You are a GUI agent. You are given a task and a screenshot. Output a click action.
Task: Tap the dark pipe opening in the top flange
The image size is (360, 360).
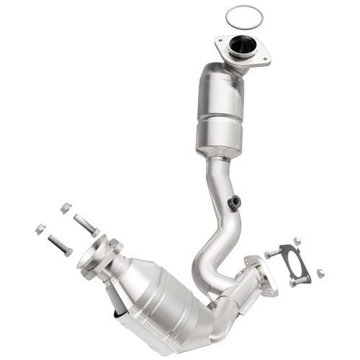[x=243, y=46]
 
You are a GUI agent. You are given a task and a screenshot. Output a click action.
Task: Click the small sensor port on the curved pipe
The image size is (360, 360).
[x=233, y=203]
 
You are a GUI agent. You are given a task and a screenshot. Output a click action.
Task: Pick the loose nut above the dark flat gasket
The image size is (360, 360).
[x=297, y=241]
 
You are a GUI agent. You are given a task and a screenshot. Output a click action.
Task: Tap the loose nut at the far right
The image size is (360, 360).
[x=320, y=273]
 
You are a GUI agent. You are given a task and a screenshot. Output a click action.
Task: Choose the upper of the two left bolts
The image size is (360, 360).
[x=86, y=225]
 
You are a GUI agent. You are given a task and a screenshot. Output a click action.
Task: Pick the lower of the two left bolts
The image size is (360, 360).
[x=60, y=246]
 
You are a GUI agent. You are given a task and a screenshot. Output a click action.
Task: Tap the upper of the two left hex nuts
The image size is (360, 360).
[x=66, y=207]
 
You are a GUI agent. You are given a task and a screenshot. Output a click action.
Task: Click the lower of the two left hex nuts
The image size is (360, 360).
[x=40, y=229]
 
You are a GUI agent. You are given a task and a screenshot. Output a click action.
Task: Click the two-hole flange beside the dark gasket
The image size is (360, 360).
[x=261, y=274]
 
